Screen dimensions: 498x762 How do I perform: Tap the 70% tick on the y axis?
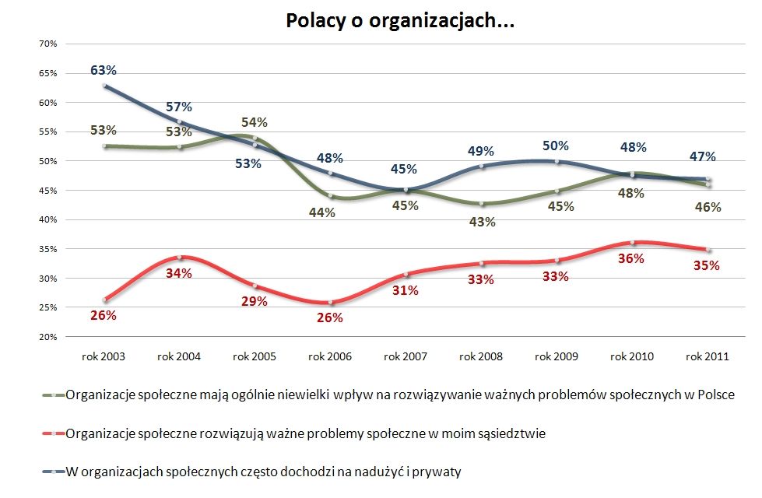(x=48, y=44)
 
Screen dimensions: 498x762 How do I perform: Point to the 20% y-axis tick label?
(x=48, y=337)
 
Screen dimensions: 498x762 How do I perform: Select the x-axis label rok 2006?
(x=329, y=356)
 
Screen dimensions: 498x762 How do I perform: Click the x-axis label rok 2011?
(x=707, y=356)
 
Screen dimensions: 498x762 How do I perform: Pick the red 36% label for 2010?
(x=631, y=258)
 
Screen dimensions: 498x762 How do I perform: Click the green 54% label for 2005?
(x=255, y=122)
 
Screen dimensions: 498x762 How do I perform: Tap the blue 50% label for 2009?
(x=556, y=146)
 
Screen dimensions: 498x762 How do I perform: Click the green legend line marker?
(x=53, y=395)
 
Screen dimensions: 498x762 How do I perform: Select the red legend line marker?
(x=53, y=434)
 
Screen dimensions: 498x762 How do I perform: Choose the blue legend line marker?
(x=53, y=472)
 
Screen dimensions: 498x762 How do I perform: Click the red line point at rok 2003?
(x=104, y=300)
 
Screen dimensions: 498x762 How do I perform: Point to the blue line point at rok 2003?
(x=104, y=86)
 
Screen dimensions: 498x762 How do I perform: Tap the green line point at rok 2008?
(x=481, y=204)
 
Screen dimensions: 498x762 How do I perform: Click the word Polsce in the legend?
(x=716, y=395)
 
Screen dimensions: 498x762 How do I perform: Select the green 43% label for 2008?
(x=481, y=223)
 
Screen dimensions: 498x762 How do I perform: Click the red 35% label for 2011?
(x=707, y=265)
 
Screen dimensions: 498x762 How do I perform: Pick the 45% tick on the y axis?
(x=48, y=191)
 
